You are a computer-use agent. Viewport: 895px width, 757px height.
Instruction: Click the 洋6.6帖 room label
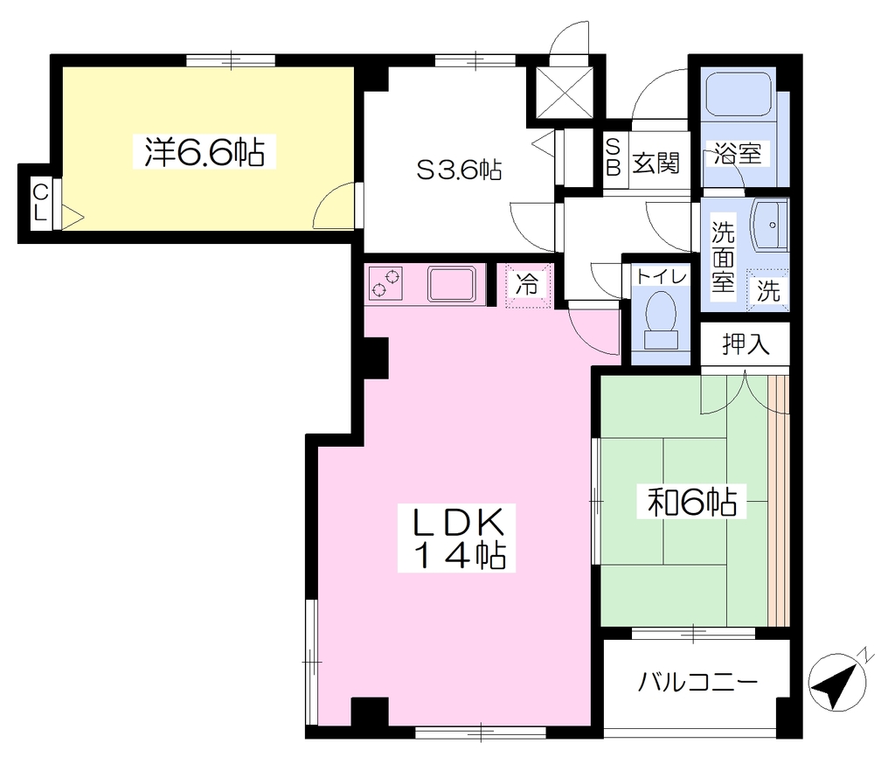pos(205,152)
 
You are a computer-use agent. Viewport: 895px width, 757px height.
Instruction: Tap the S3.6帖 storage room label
pos(460,170)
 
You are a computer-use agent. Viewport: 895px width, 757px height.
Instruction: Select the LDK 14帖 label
pos(457,538)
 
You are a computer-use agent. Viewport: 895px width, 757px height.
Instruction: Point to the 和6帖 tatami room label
pos(691,502)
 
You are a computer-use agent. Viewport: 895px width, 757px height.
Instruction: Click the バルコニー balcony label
pos(697,682)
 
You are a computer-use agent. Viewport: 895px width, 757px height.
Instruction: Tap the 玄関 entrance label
pos(656,163)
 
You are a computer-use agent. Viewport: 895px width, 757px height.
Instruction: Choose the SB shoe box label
pos(613,157)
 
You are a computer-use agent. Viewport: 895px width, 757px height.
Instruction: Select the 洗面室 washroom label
pos(723,255)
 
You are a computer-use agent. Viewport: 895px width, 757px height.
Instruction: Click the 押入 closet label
pos(746,344)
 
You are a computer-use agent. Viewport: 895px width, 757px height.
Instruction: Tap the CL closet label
pos(40,203)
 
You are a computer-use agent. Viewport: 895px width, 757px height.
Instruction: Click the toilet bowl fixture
pos(661,320)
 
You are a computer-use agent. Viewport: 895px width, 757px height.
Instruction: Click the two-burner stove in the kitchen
pos(384,283)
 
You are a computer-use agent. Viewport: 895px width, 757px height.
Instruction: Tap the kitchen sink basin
pos(452,284)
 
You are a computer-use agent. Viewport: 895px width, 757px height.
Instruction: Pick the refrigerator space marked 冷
pos(528,285)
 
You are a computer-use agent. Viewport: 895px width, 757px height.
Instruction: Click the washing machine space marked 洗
pos(767,290)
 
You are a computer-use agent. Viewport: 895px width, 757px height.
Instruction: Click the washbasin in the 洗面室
pos(770,225)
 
